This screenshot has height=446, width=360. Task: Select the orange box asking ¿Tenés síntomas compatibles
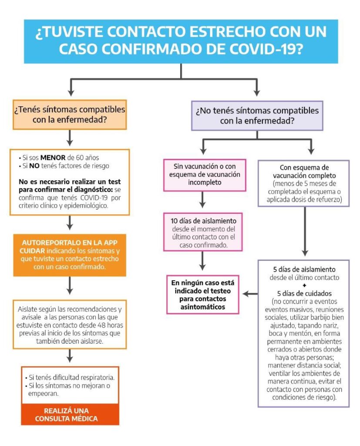pyautogui.click(x=70, y=115)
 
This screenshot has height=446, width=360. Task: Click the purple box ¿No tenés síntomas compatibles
pyautogui.click(x=257, y=115)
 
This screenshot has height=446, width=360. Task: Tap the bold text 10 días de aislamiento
pyautogui.click(x=203, y=221)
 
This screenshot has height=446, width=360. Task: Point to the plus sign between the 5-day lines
pyautogui.click(x=303, y=285)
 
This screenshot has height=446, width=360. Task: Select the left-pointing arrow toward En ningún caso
pyautogui.click(x=249, y=294)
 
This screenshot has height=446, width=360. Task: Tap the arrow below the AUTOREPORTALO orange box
pyautogui.click(x=70, y=286)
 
